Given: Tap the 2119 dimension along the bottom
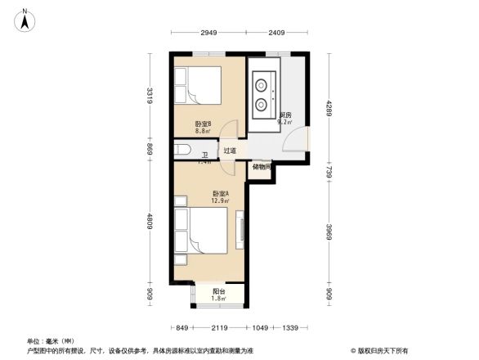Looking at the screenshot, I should pos(218,328).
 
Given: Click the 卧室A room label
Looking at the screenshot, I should pos(218,195).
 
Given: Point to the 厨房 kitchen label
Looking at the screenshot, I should pos(285,115).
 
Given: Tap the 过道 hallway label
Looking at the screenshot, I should pos(231,151).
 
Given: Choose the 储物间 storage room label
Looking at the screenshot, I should pos(262,168).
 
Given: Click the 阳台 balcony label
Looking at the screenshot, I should pos(218,292).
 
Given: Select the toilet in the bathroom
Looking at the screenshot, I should pos(182,150).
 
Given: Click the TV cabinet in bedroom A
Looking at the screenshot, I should pos(240,229).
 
